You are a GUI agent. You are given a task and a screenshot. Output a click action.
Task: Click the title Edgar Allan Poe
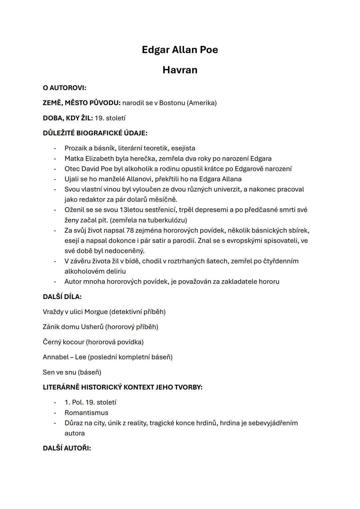coord(180,50)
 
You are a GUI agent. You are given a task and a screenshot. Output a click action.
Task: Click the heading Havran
coord(180,70)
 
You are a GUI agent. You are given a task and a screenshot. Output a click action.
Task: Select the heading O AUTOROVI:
coord(64,88)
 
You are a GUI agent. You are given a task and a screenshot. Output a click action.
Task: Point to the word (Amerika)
coord(202,103)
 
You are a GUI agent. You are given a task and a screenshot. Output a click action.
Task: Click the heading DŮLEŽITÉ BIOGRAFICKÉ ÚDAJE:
coord(95,133)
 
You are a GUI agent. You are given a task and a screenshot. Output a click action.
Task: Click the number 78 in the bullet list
coord(130,230)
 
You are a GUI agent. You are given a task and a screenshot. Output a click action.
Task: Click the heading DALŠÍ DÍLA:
coord(62,297)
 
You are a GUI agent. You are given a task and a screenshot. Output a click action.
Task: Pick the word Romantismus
coord(86,413)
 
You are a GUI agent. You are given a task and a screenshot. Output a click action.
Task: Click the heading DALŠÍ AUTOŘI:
coord(67,448)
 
